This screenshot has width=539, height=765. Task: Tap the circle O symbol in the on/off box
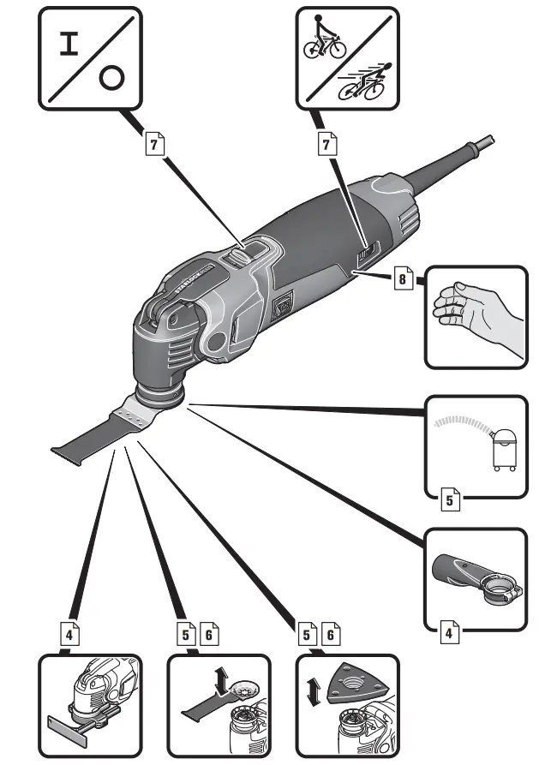[x=109, y=79]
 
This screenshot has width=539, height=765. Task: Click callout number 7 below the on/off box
[x=153, y=145]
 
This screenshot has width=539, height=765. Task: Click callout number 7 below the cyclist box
[x=326, y=145]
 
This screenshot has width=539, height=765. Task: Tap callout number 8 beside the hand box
[x=403, y=278]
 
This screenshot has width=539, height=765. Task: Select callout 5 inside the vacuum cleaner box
[x=451, y=499]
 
